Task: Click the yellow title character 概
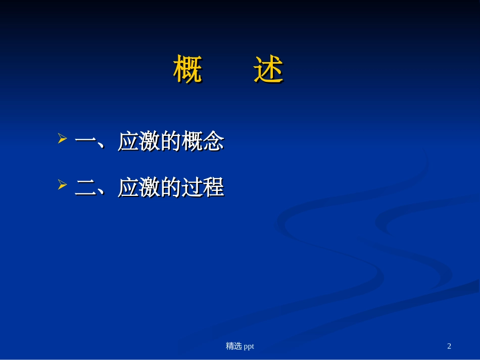click(187, 69)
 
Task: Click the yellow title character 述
click(268, 69)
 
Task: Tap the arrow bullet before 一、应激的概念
click(63, 139)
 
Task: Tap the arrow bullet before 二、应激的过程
click(63, 185)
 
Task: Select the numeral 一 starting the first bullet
click(85, 142)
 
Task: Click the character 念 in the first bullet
click(213, 142)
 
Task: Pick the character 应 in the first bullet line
click(128, 142)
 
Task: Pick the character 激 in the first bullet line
click(149, 142)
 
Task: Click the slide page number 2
click(449, 346)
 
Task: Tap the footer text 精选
click(233, 346)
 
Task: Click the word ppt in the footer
click(249, 346)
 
